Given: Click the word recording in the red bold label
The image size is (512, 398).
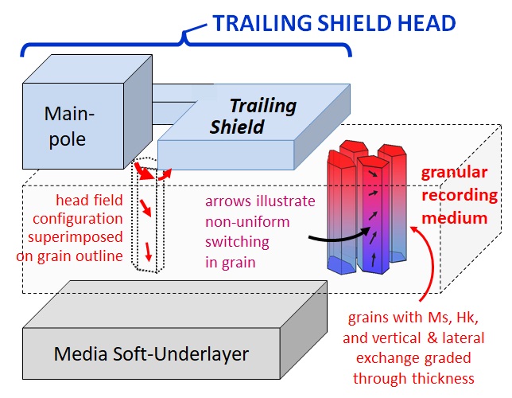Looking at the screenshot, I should click(x=464, y=196).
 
